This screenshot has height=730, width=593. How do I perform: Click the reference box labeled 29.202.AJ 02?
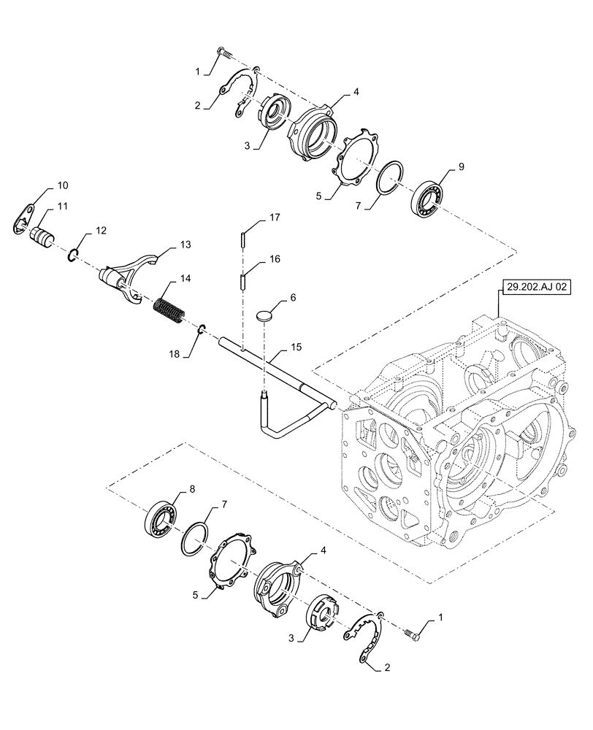point(529,287)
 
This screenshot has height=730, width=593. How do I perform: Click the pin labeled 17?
point(242,238)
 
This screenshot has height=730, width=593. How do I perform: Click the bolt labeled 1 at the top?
point(225,53)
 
